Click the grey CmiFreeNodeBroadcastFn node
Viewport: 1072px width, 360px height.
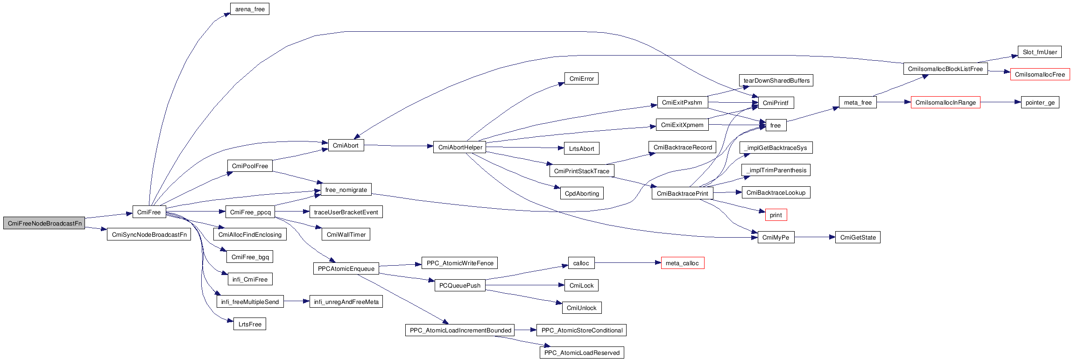point(44,223)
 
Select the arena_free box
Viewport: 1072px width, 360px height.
point(250,9)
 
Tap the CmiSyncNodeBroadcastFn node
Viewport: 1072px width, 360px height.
point(149,234)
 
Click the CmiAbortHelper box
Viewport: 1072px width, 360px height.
point(460,147)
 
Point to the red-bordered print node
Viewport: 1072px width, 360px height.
point(776,215)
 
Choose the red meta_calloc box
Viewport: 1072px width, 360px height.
point(682,263)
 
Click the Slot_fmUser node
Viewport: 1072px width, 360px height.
point(1039,52)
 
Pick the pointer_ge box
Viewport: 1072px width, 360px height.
point(1040,102)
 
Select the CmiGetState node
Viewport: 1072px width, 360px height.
point(858,237)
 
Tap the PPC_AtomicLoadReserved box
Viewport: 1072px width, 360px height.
point(582,353)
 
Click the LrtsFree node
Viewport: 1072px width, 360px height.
point(250,324)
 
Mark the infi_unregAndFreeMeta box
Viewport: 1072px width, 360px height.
point(346,302)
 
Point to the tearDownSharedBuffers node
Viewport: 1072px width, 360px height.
point(776,80)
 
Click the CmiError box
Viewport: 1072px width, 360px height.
point(581,78)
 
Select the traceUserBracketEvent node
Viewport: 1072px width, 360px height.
point(346,212)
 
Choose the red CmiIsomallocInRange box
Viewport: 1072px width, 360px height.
point(945,102)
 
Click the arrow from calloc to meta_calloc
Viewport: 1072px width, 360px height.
point(628,263)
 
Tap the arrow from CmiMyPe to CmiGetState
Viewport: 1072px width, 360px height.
point(815,237)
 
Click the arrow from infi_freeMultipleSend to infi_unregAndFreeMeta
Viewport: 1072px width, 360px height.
point(296,302)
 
